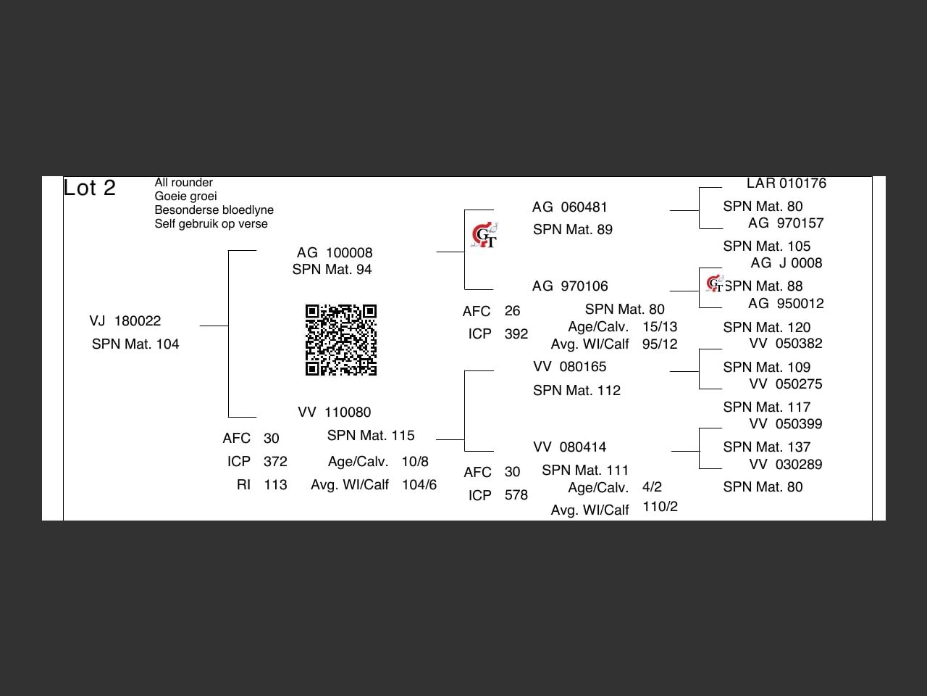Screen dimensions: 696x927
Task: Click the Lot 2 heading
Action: click(90, 188)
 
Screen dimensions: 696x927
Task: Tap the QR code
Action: click(341, 340)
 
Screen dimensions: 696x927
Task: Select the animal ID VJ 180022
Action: click(125, 320)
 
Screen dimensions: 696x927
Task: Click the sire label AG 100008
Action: click(335, 252)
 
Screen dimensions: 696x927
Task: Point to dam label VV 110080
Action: click(335, 412)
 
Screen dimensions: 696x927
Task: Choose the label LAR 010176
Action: click(787, 183)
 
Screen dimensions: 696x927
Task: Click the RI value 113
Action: click(275, 484)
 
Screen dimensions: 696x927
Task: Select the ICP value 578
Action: click(516, 495)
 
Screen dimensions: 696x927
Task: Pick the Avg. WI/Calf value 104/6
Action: click(419, 484)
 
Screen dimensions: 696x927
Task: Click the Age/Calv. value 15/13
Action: click(660, 326)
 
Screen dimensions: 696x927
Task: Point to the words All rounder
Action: click(184, 183)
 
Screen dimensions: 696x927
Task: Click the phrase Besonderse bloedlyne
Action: click(214, 210)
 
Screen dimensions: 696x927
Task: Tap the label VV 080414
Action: click(570, 447)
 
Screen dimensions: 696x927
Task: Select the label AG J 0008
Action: click(787, 262)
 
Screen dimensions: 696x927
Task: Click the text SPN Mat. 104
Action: click(135, 344)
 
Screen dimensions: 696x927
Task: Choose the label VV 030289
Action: click(786, 464)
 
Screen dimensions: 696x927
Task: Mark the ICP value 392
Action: click(516, 333)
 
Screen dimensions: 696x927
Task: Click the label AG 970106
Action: click(570, 286)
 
